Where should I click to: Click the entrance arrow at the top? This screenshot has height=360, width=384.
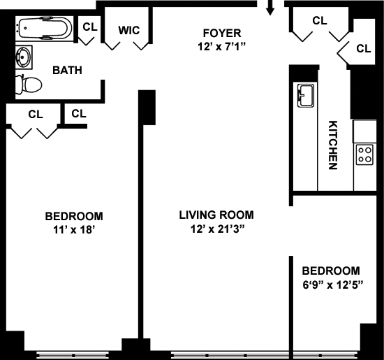pos(270,8)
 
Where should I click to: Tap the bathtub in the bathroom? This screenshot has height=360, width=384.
pos(45,28)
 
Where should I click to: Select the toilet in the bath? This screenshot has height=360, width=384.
pos(29,85)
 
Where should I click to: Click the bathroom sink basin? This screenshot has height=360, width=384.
pos(24,57)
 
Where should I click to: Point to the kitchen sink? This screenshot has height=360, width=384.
pos(305,95)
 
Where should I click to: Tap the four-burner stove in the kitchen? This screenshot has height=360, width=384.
pos(364,154)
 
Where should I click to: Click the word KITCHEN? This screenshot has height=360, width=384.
pos(333,145)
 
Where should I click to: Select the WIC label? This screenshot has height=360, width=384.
pos(129,30)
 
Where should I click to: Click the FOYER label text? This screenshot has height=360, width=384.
pos(222,33)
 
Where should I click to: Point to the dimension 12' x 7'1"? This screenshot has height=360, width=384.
pos(221,47)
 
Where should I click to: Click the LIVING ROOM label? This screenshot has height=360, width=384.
pos(216,215)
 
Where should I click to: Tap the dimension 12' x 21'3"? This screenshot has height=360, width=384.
pos(218,229)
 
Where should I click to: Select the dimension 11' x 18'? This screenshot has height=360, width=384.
pos(74,230)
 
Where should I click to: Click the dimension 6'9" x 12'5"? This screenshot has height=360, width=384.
pos(333,285)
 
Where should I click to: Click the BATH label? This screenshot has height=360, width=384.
pos(67,71)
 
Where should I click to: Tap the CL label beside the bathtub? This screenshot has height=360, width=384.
pos(90,27)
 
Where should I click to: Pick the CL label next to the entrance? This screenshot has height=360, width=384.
pos(320,20)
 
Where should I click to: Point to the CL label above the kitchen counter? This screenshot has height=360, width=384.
pos(364,48)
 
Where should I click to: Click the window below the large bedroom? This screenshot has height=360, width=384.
pos(73,355)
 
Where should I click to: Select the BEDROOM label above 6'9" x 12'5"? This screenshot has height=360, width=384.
pos(331,271)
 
